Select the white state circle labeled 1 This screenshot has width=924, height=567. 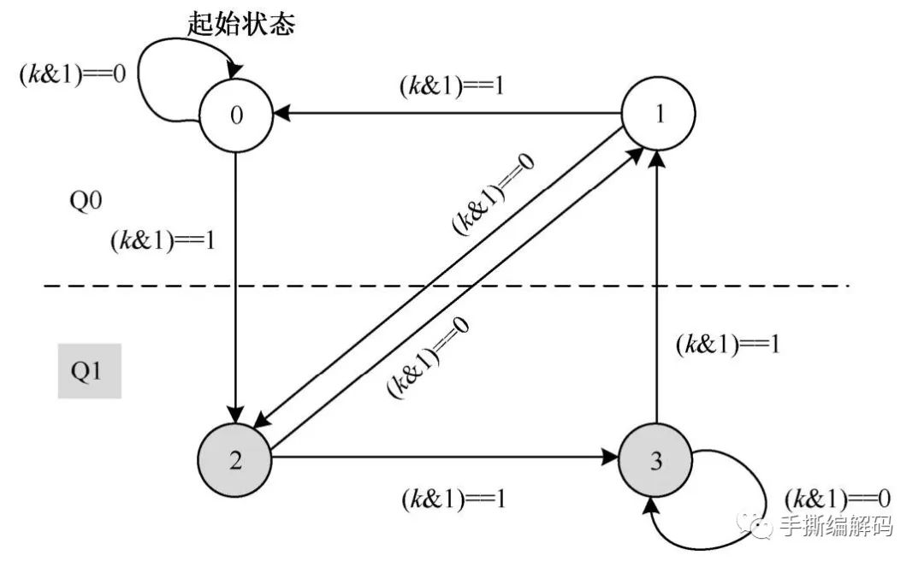(x=658, y=117)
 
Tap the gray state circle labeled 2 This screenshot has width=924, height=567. (x=235, y=460)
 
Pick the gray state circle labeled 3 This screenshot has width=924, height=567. (x=656, y=462)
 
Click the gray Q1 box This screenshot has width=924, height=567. (x=90, y=372)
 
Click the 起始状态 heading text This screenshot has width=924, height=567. (x=241, y=25)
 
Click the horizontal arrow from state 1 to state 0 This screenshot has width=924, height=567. (x=445, y=112)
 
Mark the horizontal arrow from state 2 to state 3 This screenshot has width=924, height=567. (x=445, y=458)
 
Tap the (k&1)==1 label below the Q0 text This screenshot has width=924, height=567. (x=163, y=242)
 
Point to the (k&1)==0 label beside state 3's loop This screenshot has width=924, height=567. (x=838, y=498)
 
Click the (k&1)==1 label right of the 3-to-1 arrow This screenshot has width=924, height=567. (x=728, y=345)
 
